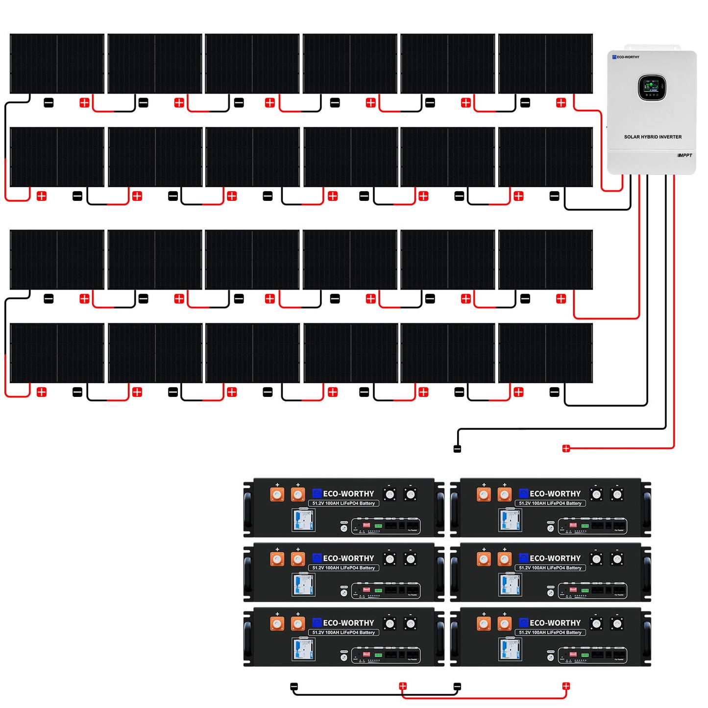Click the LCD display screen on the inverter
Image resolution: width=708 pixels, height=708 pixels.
click(x=652, y=88)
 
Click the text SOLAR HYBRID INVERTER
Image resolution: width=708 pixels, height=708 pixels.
click(x=653, y=137)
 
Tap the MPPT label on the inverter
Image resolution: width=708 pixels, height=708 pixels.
click(x=685, y=155)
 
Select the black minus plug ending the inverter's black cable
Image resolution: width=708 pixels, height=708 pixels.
click(x=457, y=448)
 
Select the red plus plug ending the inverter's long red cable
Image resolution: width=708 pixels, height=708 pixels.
click(x=566, y=448)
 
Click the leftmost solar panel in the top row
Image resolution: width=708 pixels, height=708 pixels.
click(x=57, y=64)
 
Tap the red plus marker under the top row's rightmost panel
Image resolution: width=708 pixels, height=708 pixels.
click(x=561, y=103)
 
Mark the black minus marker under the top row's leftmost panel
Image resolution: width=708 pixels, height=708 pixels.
click(x=49, y=103)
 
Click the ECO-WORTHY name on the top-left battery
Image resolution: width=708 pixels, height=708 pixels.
click(x=348, y=493)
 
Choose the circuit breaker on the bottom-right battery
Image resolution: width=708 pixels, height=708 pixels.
click(x=510, y=649)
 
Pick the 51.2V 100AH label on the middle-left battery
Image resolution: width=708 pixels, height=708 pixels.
click(x=343, y=568)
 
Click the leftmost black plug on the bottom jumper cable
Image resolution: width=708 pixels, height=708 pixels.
click(x=294, y=686)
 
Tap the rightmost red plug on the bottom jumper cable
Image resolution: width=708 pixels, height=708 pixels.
click(x=566, y=686)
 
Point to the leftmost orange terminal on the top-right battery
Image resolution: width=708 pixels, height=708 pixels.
click(x=484, y=494)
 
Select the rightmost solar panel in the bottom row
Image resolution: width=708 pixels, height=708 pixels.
click(x=545, y=353)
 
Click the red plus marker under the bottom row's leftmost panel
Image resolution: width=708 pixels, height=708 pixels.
click(x=42, y=392)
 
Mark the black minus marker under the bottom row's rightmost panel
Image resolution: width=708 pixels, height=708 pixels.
click(x=554, y=392)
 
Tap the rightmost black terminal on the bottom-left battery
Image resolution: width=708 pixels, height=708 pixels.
click(x=411, y=624)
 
